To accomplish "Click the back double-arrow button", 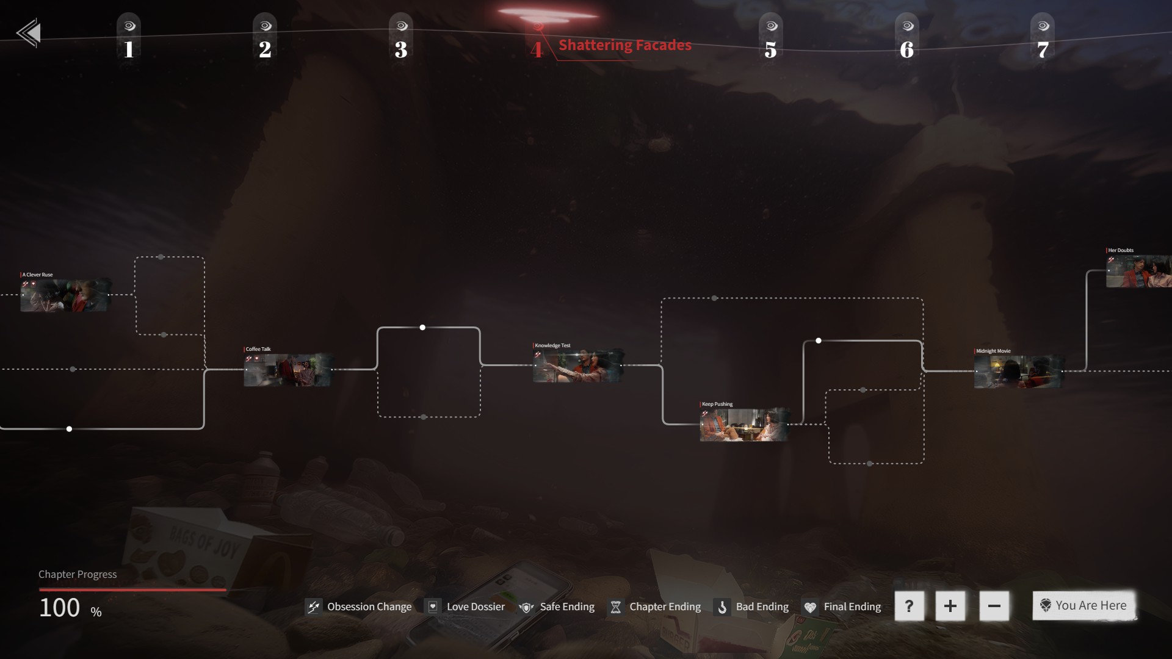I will pos(29,33).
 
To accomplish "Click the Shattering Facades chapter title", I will pos(624,45).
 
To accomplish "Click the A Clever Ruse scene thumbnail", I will pos(65,295).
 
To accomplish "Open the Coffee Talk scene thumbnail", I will pos(288,370).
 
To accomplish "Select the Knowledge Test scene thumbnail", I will pos(577,366).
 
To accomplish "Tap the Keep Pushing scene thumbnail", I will pos(744,425).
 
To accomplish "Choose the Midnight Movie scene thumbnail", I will pos(1018,372).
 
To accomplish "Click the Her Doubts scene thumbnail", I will pos(1138,271).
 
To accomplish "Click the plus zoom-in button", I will pos(950,606).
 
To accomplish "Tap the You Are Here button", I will pos(1084,605).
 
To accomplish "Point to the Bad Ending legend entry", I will pos(751,607).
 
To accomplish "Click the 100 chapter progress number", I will pos(60,608).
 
